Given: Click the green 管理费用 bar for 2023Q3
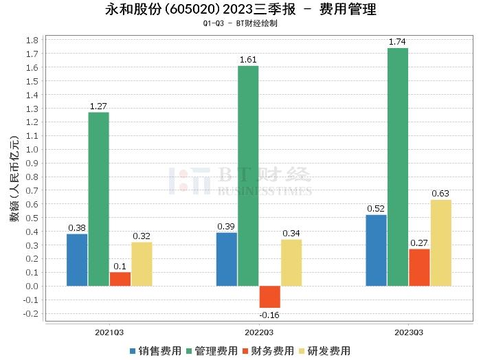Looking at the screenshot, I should (397, 167).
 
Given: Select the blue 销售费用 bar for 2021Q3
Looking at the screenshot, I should (77, 260).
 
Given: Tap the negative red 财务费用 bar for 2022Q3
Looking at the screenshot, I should (269, 297).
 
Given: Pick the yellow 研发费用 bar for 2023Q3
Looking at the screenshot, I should (440, 243).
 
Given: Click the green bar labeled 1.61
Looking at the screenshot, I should (247, 176).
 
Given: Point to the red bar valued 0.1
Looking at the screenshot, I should (120, 279).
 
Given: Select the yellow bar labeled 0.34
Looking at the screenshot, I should (291, 262).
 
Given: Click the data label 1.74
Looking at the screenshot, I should (397, 43).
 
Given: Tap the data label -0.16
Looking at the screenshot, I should (269, 315).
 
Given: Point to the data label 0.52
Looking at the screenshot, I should (376, 209).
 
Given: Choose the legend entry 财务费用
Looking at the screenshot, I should (271, 350).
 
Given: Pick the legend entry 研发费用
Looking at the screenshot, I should (327, 350).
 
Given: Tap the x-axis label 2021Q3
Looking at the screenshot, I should (109, 332).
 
